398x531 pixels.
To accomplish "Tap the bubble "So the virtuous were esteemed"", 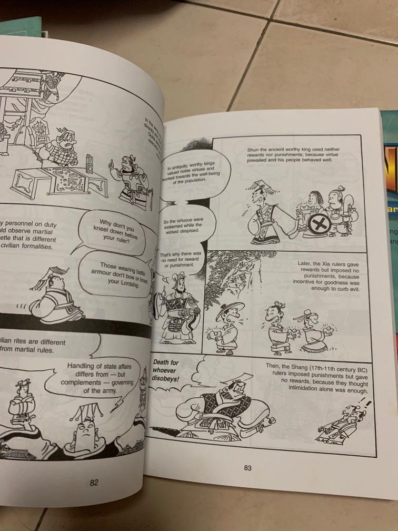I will click(x=184, y=227).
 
